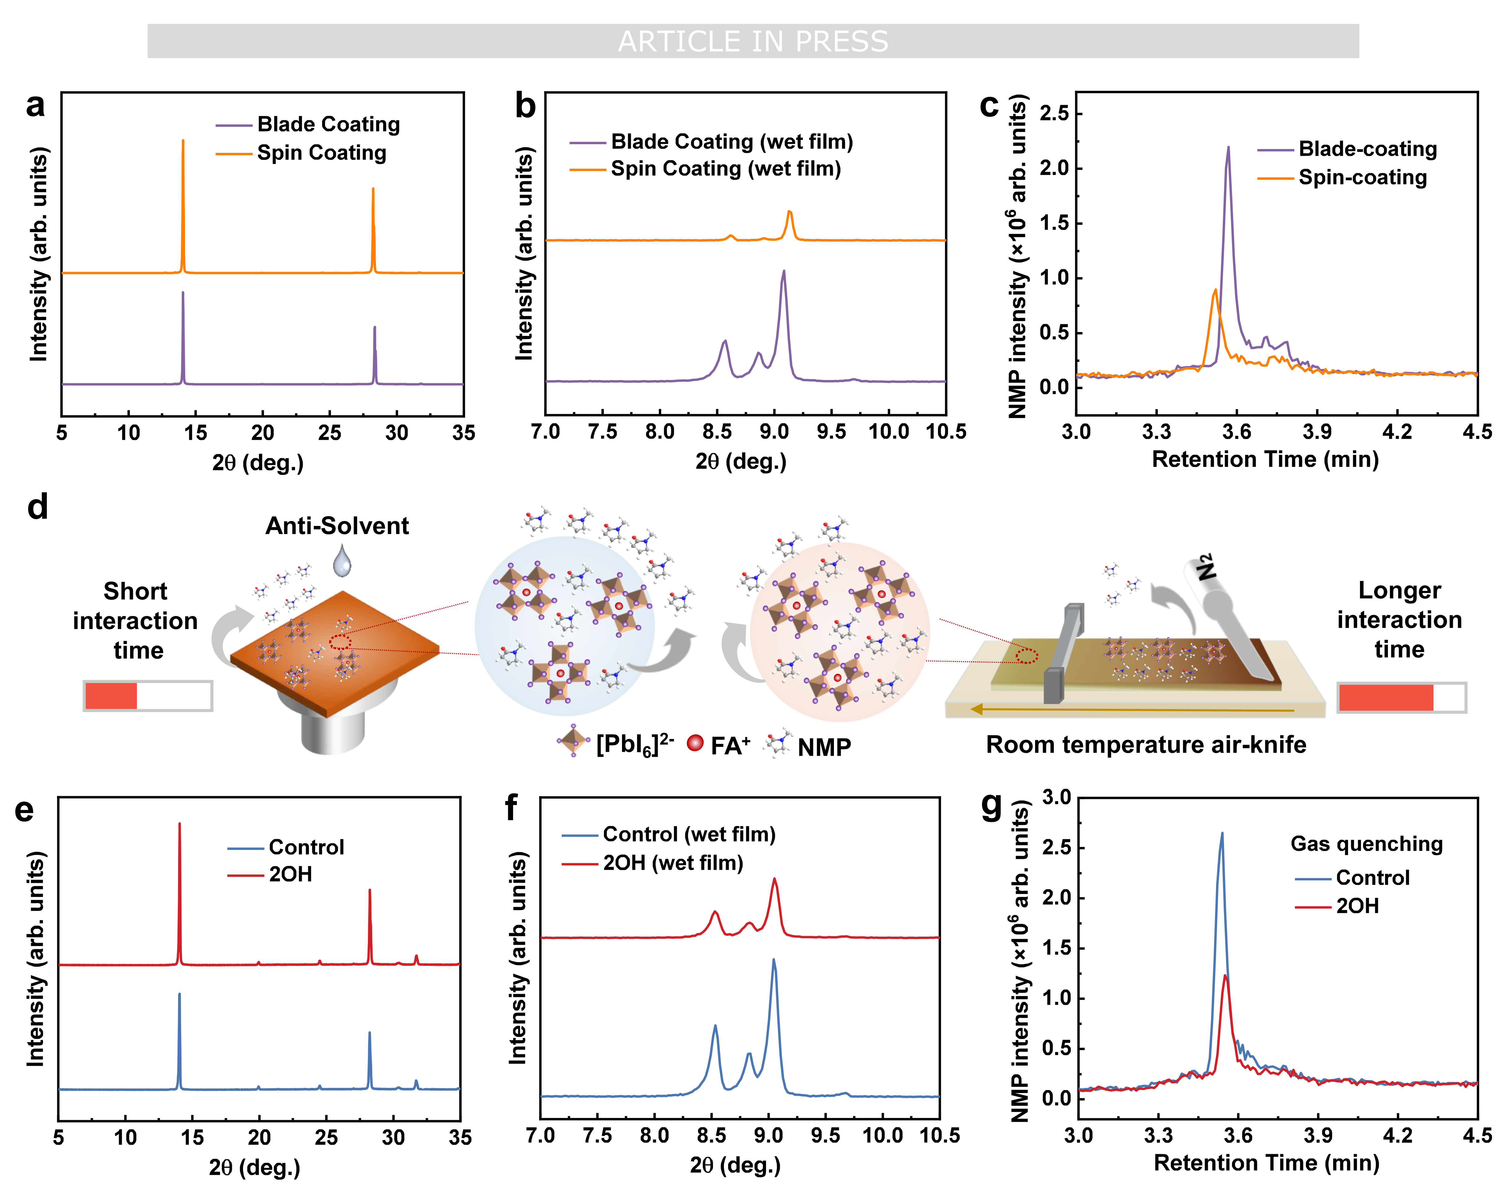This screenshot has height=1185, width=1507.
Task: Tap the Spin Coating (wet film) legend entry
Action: [725, 168]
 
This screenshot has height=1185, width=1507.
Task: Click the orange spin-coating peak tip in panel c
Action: [1215, 290]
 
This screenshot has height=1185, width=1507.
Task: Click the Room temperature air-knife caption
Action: [1146, 745]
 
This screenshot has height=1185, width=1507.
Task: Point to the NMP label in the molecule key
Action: [824, 747]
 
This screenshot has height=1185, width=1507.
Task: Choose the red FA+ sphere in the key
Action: [695, 743]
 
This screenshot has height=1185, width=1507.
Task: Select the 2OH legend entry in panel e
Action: [290, 874]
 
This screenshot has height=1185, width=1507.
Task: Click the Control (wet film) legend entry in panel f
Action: [689, 834]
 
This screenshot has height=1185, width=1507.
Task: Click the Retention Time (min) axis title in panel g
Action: [1266, 1163]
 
